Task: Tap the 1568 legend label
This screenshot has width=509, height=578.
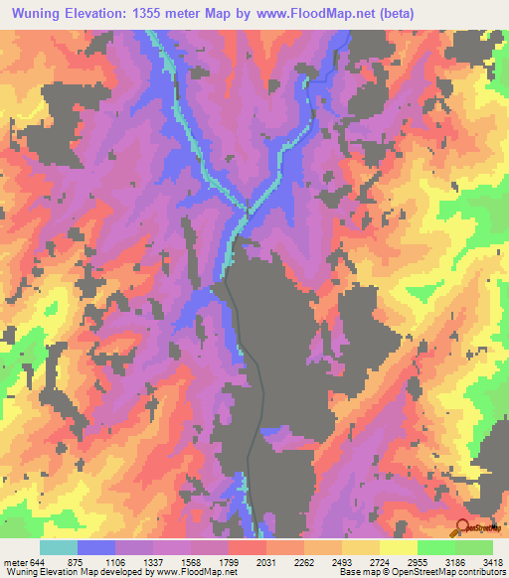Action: point(192,561)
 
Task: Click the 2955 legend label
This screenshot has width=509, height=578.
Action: point(418,561)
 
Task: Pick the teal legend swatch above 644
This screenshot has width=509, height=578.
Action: point(59,547)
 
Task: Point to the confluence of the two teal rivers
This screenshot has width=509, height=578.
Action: point(246,211)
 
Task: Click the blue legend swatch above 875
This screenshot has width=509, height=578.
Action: point(96,547)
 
